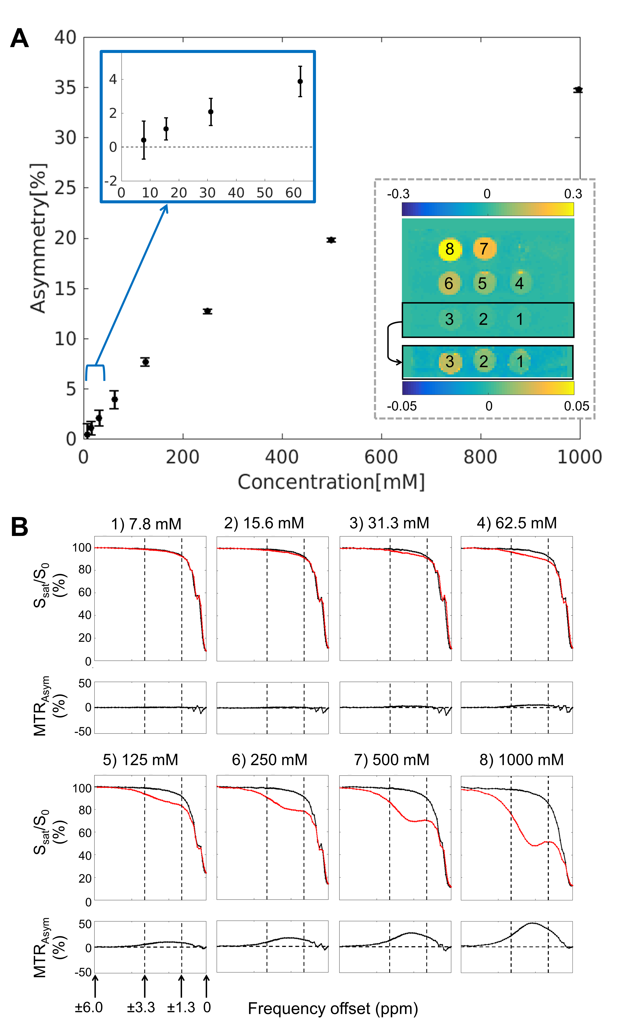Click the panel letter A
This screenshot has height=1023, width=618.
(19, 39)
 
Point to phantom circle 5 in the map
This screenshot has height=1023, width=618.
(482, 283)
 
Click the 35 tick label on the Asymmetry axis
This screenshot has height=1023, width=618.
(66, 88)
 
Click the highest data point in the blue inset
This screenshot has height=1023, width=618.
(300, 81)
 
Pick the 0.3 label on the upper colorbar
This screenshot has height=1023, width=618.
(573, 194)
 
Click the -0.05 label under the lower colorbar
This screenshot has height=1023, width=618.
(402, 406)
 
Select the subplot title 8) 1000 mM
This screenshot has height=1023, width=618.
(521, 760)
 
